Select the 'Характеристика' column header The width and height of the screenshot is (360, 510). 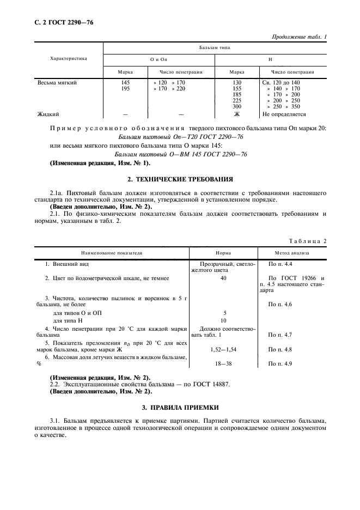point(68,58)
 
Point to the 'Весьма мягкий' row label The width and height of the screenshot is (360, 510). point(57,83)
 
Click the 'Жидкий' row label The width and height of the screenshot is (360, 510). point(48,114)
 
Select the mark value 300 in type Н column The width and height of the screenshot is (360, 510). point(236,107)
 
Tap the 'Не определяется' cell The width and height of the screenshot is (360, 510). point(284,114)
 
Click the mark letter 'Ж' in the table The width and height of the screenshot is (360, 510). point(237,114)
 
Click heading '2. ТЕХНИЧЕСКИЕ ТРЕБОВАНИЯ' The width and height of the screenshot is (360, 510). point(180,179)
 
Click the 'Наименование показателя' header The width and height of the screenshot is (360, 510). point(112,253)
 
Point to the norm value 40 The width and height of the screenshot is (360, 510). point(223,278)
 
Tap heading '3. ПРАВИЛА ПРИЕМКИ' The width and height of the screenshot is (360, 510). point(180,407)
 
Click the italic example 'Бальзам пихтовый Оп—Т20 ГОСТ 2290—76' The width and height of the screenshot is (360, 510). point(180,136)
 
